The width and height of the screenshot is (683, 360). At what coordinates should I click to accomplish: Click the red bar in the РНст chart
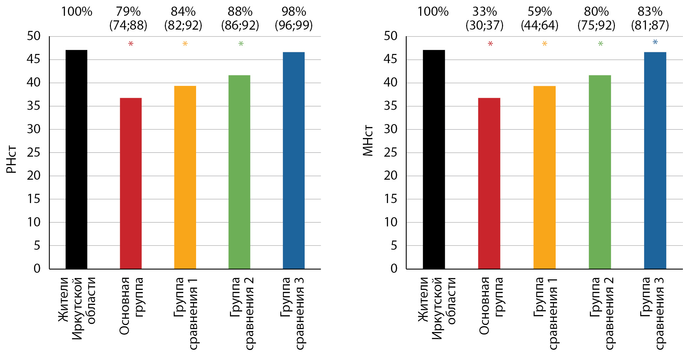[x=131, y=183]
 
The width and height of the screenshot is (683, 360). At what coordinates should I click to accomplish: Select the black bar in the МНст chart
[x=434, y=159]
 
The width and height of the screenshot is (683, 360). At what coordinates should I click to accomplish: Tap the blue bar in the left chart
[x=293, y=160]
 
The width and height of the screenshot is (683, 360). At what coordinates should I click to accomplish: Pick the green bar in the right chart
[x=599, y=172]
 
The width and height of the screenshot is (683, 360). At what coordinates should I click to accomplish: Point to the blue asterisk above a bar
[x=655, y=42]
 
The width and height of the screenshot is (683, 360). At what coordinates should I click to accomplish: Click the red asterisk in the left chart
[x=131, y=44]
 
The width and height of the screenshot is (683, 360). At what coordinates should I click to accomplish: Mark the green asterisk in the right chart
[x=600, y=44]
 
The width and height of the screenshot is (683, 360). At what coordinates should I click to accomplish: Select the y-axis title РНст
[x=12, y=159]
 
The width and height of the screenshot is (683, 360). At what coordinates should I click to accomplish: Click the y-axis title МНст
[x=368, y=141]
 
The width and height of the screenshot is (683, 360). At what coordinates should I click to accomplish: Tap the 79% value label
[x=128, y=12]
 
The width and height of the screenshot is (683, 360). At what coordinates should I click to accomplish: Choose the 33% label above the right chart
[x=485, y=12]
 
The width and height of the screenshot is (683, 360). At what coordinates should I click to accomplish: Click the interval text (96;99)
[x=294, y=25]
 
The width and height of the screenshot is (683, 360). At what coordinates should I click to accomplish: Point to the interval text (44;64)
[x=540, y=25]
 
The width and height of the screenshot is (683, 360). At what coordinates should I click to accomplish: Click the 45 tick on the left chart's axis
[x=33, y=60]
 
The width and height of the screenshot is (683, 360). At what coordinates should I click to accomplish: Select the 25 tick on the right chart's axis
[x=391, y=153]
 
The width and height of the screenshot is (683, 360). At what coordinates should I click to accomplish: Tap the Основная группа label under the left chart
[x=131, y=306]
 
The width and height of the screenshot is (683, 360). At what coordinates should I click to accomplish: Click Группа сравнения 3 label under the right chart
[x=652, y=313]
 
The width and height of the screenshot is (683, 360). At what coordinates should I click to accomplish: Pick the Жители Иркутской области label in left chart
[x=77, y=308]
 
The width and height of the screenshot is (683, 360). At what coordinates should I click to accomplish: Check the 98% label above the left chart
[x=294, y=12]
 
